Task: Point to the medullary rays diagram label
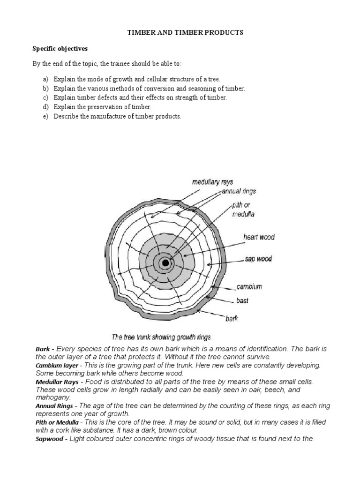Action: (x=212, y=182)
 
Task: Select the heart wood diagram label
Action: (x=259, y=237)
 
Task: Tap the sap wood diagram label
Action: (x=258, y=259)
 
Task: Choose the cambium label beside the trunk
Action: (x=249, y=286)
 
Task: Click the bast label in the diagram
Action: (x=242, y=300)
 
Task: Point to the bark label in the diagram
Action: (x=232, y=319)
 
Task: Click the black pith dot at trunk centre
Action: (x=165, y=263)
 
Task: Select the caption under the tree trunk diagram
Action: (x=161, y=337)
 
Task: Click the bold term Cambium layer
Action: (x=57, y=365)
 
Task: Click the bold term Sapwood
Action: (x=49, y=439)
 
